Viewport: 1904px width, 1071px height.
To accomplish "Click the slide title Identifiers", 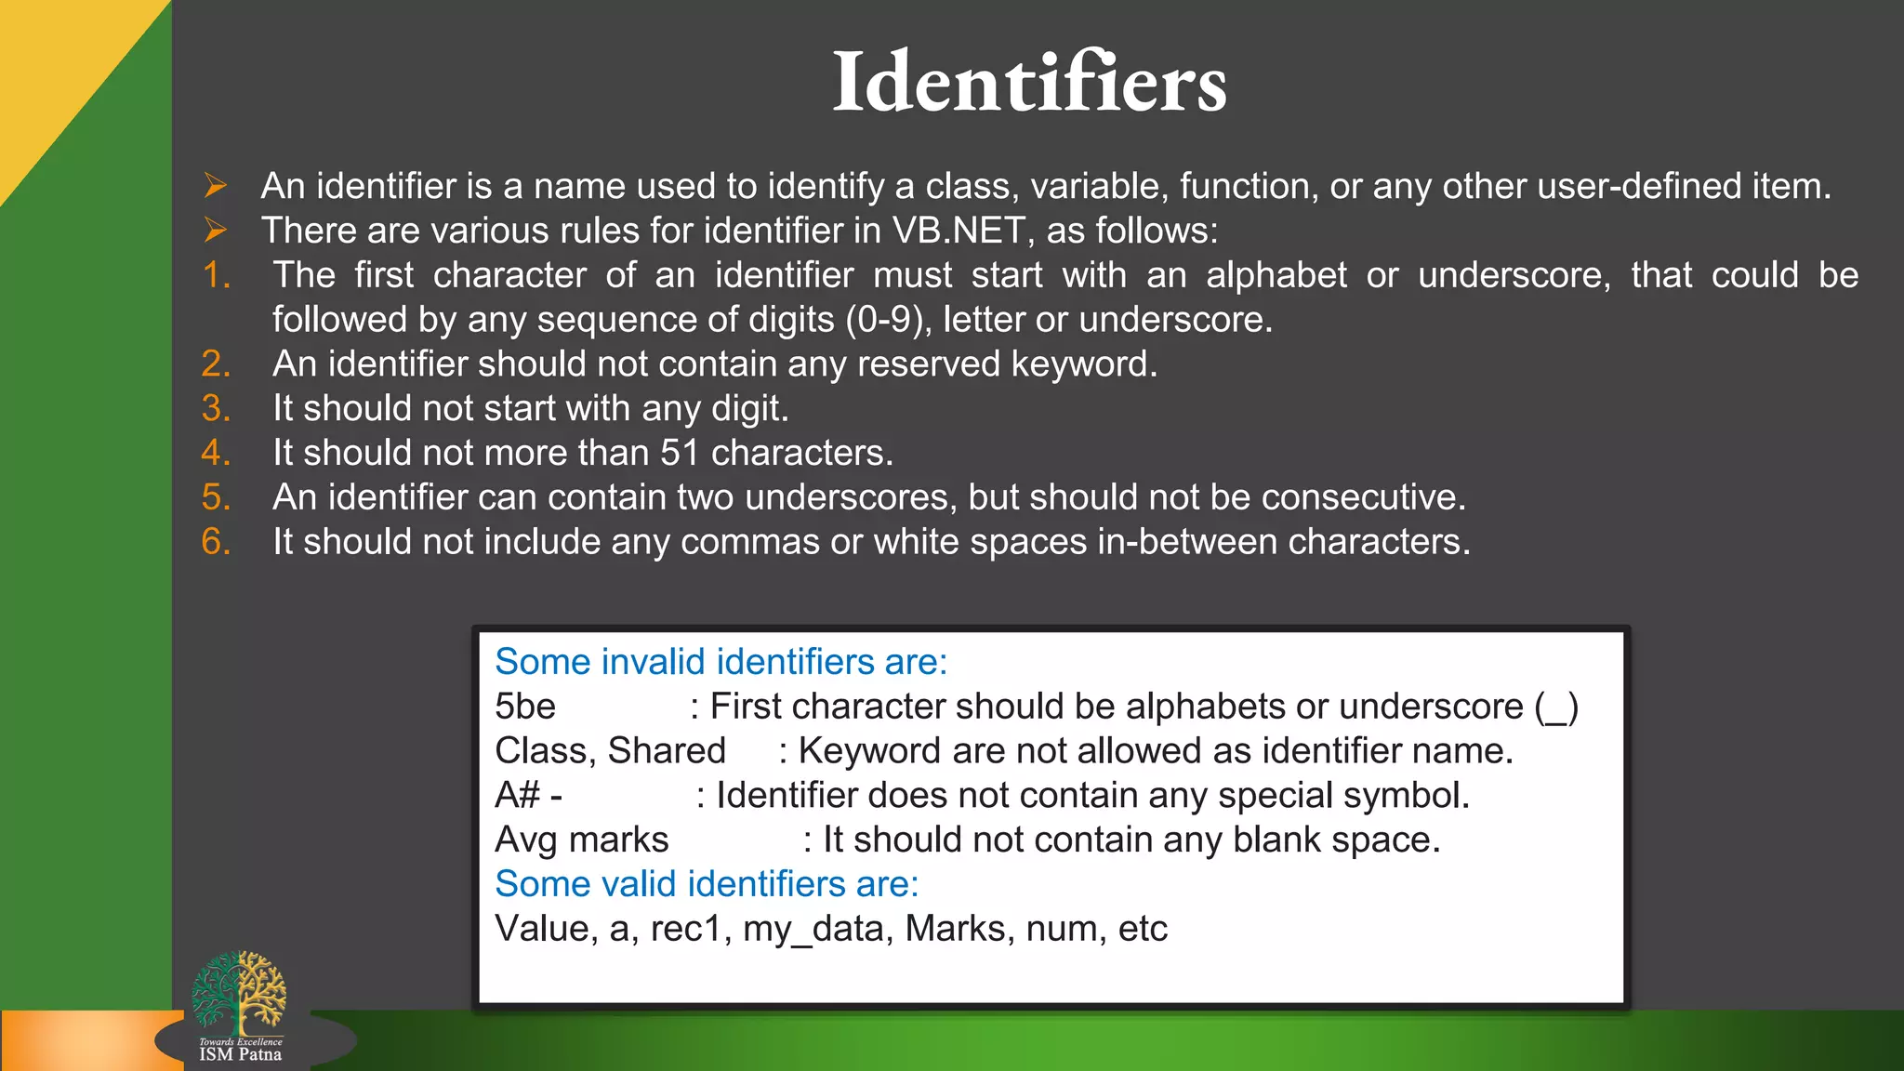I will [1029, 83].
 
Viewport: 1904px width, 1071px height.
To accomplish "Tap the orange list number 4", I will [216, 453].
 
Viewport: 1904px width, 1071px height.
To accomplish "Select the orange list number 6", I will [216, 542].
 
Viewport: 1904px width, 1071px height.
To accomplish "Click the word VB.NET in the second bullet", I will [959, 231].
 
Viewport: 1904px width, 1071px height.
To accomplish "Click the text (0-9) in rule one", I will [889, 320].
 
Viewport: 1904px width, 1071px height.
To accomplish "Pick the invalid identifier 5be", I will [525, 707].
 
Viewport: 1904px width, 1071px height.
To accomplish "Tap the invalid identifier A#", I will [518, 796].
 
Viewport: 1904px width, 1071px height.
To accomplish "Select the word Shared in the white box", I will [667, 751].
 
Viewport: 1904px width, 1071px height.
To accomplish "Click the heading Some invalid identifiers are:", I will [721, 662].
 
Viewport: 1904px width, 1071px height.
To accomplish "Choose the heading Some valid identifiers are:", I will [707, 884].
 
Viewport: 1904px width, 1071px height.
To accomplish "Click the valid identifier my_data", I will [813, 929].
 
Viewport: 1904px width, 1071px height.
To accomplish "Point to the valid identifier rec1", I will [685, 929].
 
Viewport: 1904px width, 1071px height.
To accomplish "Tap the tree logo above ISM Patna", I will [239, 992].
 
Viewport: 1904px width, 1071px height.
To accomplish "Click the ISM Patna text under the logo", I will [240, 1054].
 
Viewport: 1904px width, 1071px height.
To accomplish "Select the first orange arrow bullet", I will [216, 186].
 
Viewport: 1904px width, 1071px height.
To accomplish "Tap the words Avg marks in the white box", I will [581, 840].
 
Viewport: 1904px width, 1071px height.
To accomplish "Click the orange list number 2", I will [216, 364].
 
